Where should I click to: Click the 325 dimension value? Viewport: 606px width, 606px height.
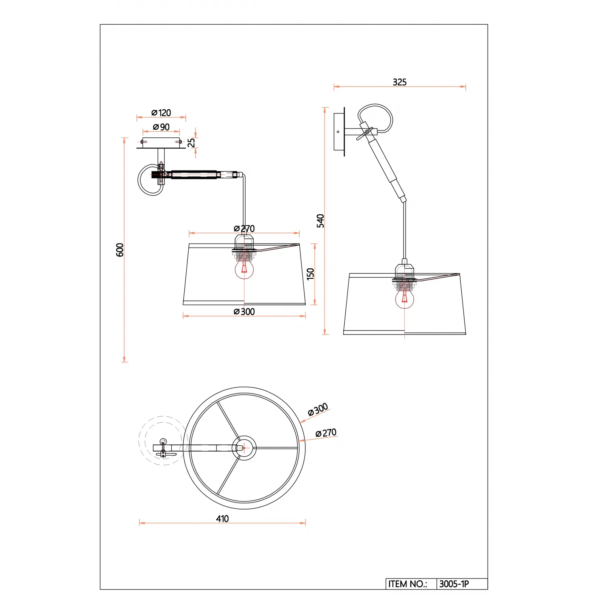coord(400,82)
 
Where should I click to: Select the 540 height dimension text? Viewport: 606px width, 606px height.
coord(320,221)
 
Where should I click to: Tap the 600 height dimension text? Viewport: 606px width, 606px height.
coord(120,250)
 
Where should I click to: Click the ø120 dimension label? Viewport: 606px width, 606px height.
coord(161,113)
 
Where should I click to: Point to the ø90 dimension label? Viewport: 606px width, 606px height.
coord(161,127)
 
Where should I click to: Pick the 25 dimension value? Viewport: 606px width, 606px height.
coord(191,143)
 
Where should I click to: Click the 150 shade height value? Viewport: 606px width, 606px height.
coord(310,274)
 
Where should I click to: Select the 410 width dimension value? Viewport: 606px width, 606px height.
coord(222,519)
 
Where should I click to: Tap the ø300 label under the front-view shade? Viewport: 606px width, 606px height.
coord(244,311)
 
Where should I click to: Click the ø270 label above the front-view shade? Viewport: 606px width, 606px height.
coord(244,229)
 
